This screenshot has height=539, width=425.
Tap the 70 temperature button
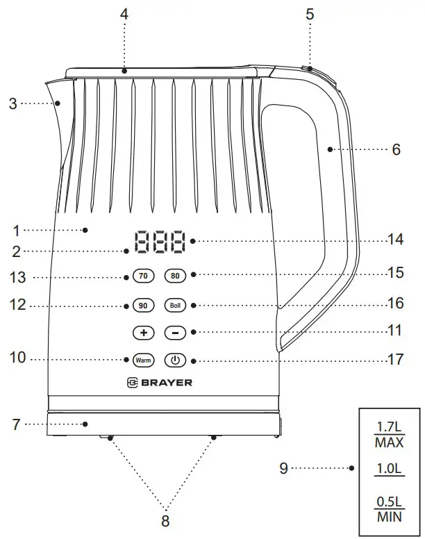143,276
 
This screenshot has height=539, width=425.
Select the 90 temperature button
143,305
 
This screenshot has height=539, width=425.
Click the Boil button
174,305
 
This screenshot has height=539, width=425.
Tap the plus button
143,333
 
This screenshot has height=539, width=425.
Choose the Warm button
143,360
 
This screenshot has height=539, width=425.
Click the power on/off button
174,360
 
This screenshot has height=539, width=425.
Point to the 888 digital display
160,242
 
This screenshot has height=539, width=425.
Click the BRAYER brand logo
160,382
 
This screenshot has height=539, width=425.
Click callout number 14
394,240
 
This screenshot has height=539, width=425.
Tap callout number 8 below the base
165,520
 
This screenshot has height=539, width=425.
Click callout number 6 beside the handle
396,149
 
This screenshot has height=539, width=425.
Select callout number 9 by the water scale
283,468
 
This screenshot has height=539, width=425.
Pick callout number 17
394,360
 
